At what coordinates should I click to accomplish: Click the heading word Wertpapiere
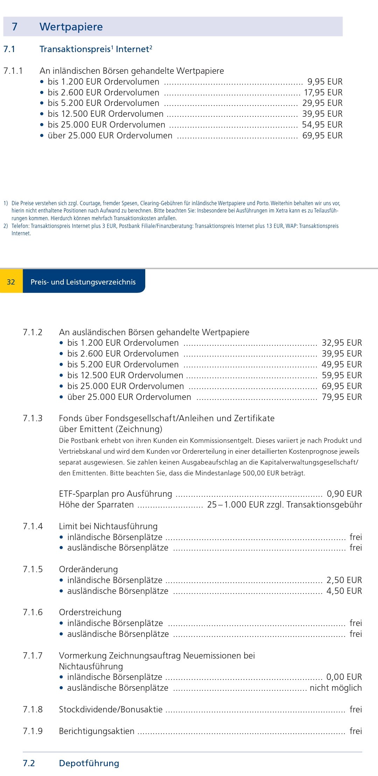tap(71, 27)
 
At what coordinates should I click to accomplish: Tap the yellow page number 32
tap(11, 282)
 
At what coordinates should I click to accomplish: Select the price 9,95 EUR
tap(325, 82)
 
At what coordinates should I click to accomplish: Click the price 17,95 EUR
tap(323, 93)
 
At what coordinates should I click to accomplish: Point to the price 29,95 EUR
tap(322, 103)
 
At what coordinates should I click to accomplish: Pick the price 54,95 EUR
tap(322, 125)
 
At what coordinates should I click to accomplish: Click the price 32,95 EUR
tap(342, 343)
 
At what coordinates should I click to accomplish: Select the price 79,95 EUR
tap(342, 397)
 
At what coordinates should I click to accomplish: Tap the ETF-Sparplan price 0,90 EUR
tap(344, 494)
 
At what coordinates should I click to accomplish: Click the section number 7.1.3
tap(33, 418)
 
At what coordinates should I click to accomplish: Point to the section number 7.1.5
tap(33, 569)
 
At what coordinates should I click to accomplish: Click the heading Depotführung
tap(89, 763)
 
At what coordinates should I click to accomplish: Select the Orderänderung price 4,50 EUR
tap(344, 591)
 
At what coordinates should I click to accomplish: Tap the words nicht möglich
tap(336, 688)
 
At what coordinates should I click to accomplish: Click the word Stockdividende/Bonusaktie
tap(111, 710)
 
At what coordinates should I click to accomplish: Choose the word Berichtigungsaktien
tap(97, 731)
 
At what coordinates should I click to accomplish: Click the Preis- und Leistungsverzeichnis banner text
tap(83, 282)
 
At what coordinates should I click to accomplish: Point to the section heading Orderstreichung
tap(90, 612)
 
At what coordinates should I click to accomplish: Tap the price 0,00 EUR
tap(344, 677)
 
